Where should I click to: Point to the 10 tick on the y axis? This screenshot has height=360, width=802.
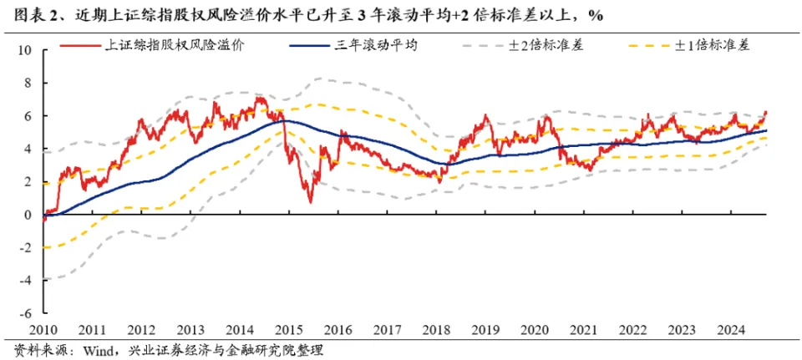coord(25,50)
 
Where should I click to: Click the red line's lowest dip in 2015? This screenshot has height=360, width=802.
coord(310,201)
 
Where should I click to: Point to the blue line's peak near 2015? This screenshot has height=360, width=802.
coord(284,121)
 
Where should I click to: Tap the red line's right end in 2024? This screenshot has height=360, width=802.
coord(766,112)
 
